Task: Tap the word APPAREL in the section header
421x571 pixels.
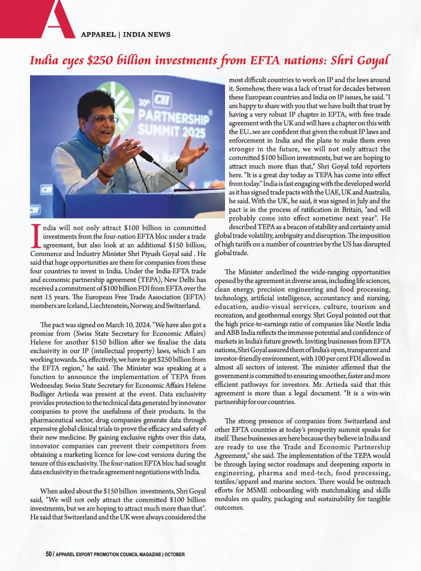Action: point(98,35)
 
